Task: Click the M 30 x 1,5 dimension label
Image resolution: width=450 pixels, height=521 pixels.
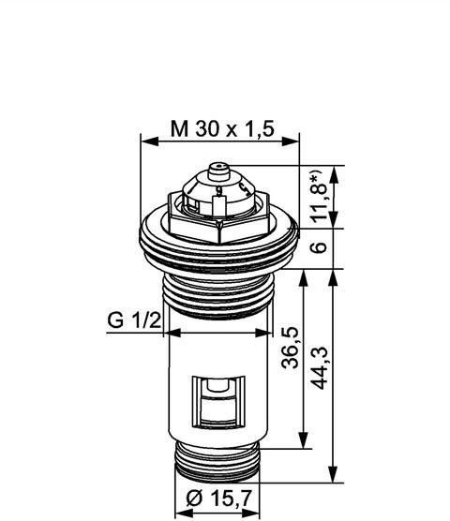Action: coord(222,129)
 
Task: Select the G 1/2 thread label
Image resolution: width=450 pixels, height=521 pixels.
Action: coord(134,320)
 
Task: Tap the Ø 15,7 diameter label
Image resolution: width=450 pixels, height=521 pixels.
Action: coord(218,499)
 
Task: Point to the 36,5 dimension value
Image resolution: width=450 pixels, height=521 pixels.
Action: coord(290,348)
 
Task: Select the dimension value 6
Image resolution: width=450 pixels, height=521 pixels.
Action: coord(320,247)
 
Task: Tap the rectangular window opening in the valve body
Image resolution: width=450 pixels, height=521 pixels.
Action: coord(218,402)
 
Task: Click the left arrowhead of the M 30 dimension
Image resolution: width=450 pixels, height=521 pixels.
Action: coord(149,141)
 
